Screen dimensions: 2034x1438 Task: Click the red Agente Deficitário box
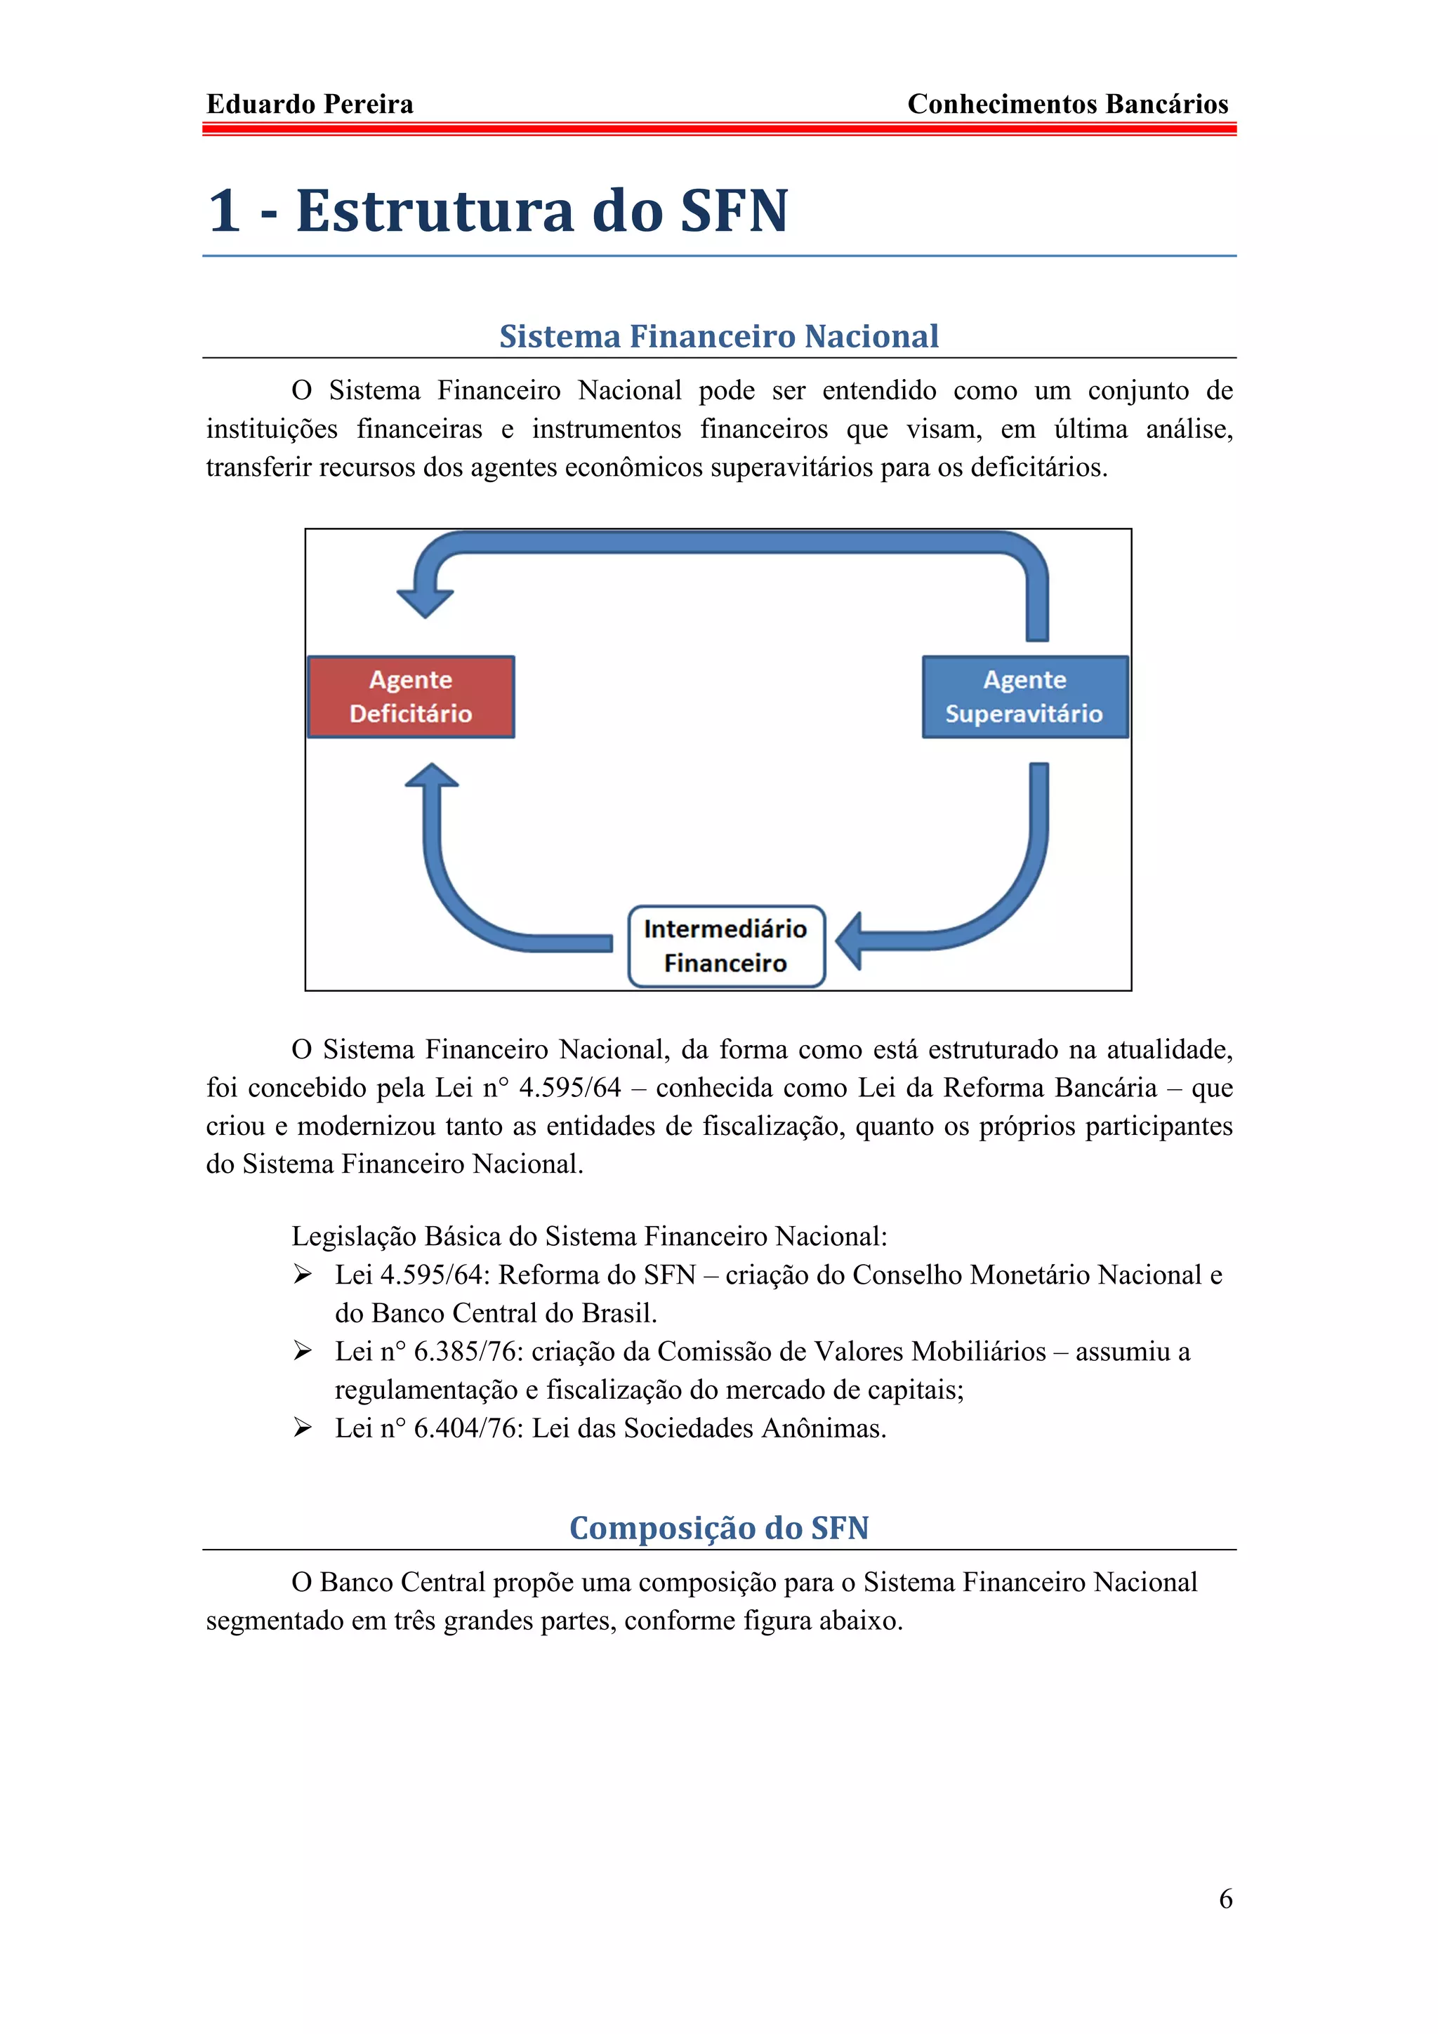(x=411, y=696)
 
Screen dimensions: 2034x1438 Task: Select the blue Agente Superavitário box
(x=1024, y=696)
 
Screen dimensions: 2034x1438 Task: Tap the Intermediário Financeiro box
(x=725, y=945)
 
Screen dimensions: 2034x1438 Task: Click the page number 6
(x=1225, y=1899)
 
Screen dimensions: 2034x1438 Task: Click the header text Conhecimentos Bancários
(x=1068, y=105)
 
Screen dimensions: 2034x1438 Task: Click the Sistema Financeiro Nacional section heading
(x=718, y=337)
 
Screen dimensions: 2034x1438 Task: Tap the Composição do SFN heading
(x=718, y=1528)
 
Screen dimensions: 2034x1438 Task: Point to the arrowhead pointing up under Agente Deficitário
(x=432, y=776)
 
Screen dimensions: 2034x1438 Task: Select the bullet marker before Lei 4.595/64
(x=303, y=1275)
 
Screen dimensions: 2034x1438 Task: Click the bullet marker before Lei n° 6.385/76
(x=303, y=1351)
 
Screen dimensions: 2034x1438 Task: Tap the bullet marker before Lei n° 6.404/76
(x=303, y=1428)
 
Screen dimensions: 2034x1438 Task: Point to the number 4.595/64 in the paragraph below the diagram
(x=569, y=1088)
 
